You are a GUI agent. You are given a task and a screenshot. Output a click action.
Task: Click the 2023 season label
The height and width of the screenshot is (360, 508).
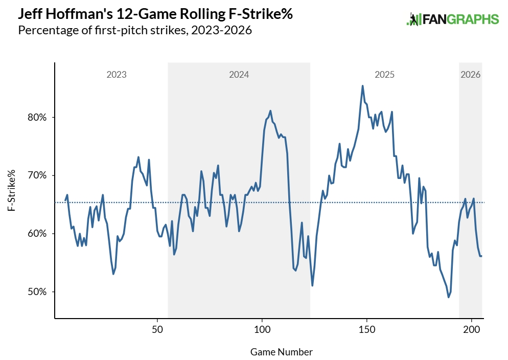[x=117, y=75]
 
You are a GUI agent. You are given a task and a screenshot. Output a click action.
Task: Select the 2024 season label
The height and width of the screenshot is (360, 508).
[x=239, y=75]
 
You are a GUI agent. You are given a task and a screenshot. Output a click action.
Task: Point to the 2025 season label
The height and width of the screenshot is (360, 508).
[x=384, y=75]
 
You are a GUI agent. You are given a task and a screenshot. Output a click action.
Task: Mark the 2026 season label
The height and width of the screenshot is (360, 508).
[x=470, y=75]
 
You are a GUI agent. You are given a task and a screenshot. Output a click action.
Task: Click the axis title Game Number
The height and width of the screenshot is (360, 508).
[x=282, y=352]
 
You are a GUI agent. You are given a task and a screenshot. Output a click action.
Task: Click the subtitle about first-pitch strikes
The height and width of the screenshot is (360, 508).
[x=135, y=30]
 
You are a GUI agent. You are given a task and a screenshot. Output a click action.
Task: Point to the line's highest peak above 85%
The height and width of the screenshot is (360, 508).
[x=362, y=86]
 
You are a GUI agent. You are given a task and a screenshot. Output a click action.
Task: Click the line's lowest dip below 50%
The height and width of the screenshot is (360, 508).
[x=448, y=297]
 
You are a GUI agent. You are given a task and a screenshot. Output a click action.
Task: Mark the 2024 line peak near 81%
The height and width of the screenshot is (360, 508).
[x=270, y=110]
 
